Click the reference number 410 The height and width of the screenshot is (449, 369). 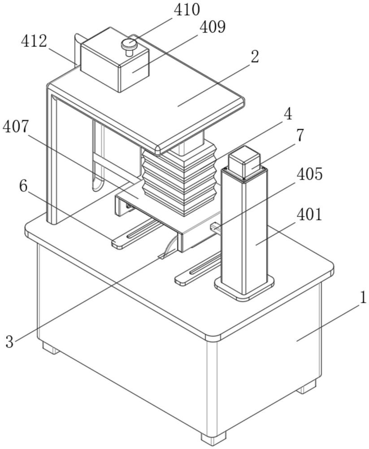click(187, 10)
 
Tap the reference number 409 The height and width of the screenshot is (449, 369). click(212, 27)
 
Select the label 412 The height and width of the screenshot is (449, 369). click(34, 41)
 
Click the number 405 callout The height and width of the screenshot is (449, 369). click(310, 174)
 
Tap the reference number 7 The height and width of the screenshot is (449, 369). click(300, 135)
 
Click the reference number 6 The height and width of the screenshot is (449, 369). click(23, 186)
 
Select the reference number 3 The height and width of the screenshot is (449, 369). click(9, 342)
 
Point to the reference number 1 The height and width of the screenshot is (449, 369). click(362, 298)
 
